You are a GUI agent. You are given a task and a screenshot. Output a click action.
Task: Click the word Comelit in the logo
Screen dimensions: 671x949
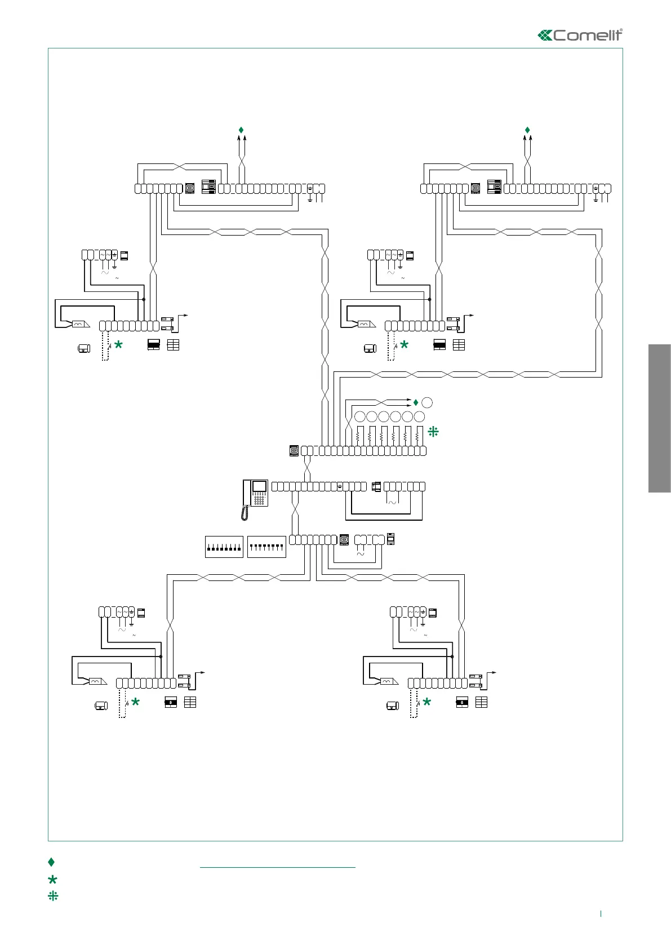click(x=588, y=36)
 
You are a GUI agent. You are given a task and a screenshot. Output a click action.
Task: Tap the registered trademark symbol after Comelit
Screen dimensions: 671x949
click(x=621, y=30)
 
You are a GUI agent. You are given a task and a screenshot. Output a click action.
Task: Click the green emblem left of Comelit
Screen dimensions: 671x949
click(x=545, y=36)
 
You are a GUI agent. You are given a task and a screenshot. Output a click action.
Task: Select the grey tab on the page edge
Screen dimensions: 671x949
click(x=659, y=418)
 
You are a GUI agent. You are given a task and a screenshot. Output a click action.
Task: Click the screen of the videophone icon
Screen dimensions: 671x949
click(x=260, y=487)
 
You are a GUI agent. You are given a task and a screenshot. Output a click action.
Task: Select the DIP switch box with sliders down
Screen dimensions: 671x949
click(x=224, y=547)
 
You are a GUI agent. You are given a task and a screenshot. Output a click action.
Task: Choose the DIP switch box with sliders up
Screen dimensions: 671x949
click(x=266, y=547)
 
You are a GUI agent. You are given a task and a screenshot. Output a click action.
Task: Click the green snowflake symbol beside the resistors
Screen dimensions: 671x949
click(x=433, y=432)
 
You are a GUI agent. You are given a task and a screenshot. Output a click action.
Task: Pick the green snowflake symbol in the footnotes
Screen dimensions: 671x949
click(x=53, y=895)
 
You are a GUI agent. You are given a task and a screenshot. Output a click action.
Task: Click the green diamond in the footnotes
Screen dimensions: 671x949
click(x=51, y=862)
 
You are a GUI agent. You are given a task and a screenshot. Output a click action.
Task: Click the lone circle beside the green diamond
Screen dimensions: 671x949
click(x=427, y=402)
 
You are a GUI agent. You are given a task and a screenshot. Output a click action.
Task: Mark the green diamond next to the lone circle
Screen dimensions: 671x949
click(x=416, y=402)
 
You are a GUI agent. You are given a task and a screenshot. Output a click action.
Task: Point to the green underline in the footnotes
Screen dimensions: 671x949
click(x=277, y=867)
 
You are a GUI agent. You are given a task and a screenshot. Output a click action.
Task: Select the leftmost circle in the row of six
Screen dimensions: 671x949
click(x=360, y=417)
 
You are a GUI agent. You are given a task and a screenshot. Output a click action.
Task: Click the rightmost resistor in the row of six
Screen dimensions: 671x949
click(x=417, y=436)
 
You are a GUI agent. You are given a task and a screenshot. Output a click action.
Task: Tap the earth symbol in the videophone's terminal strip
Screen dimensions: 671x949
click(x=340, y=486)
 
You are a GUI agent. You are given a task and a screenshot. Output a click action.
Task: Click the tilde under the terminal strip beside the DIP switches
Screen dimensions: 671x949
click(x=361, y=554)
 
